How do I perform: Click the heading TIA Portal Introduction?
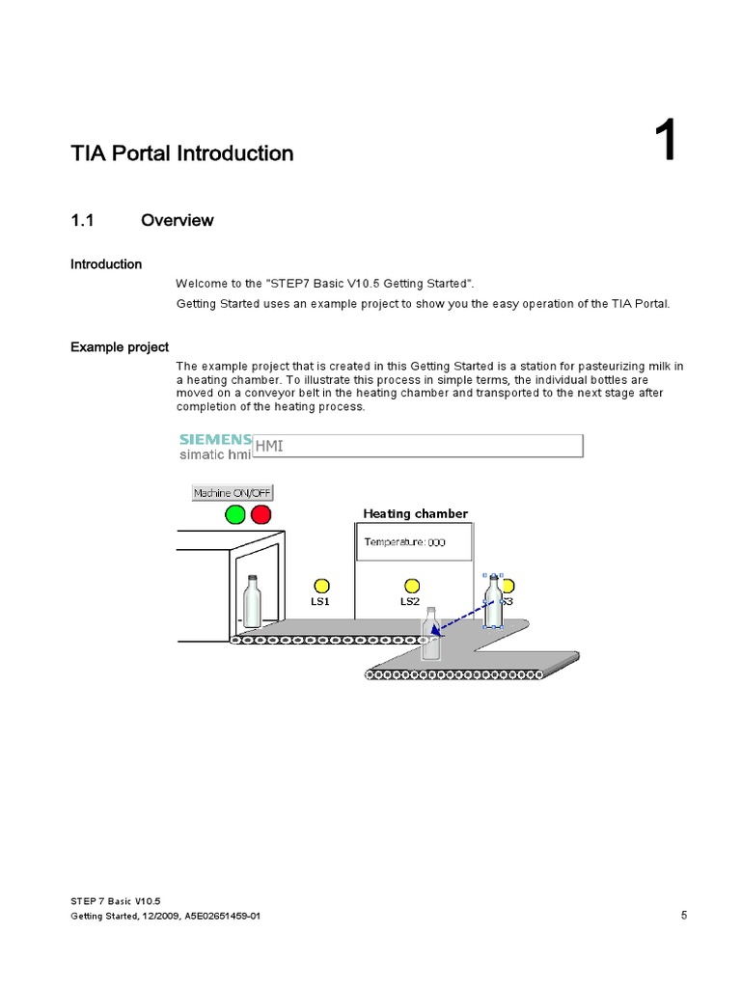pos(182,153)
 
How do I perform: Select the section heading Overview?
pos(178,220)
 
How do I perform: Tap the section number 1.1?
pos(83,220)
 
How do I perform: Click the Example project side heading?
pos(120,347)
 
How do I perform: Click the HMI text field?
pos(417,445)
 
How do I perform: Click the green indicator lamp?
pos(235,515)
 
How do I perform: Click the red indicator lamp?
pos(261,515)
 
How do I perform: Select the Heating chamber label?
pos(415,513)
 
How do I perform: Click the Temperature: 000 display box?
pos(414,542)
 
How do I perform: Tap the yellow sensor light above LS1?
pos(321,586)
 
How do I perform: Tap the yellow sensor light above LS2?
pos(412,586)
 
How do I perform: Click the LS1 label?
pos(320,601)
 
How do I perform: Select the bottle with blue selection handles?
pos(494,600)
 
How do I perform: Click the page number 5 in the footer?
pos(683,916)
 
